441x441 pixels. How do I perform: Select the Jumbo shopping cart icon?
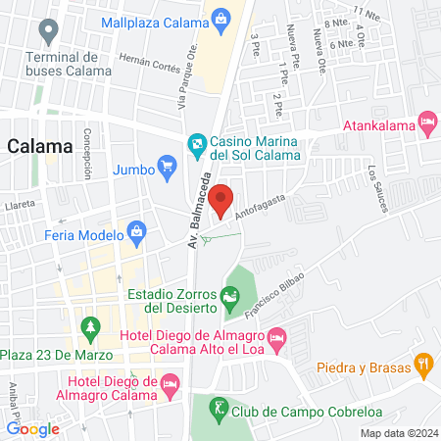(x=168, y=168)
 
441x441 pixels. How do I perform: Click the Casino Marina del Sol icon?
(x=197, y=144)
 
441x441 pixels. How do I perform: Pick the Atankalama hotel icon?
(x=427, y=124)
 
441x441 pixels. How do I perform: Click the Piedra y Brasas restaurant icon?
(x=423, y=365)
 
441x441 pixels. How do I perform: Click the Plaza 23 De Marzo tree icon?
(x=90, y=326)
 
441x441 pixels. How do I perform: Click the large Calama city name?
(x=40, y=146)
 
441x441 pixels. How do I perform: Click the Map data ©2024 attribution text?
(x=398, y=433)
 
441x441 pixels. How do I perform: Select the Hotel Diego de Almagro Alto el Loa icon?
(x=277, y=337)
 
